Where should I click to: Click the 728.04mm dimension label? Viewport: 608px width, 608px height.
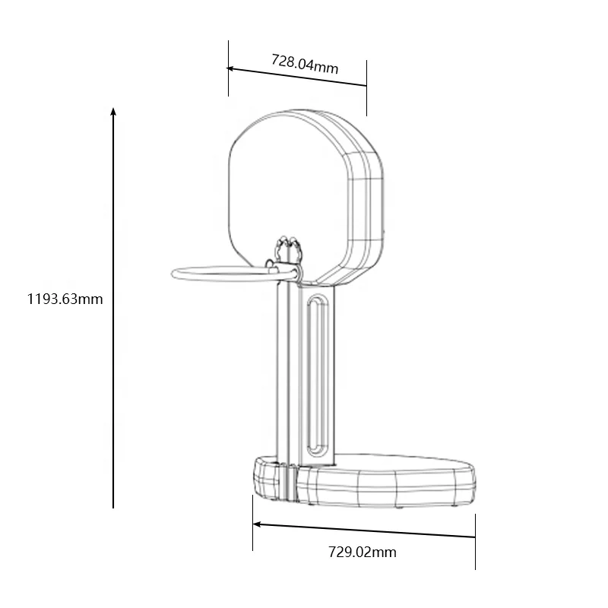click(305, 63)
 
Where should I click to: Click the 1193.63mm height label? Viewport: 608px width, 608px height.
click(65, 299)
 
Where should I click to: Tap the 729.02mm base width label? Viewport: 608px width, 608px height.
click(363, 553)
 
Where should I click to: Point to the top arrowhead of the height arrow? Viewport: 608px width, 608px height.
click(113, 112)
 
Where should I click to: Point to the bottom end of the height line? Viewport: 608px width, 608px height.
click(113, 505)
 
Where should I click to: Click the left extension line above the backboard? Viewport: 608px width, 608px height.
click(228, 68)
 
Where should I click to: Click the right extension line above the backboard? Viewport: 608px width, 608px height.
click(366, 87)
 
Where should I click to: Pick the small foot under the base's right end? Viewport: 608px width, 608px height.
click(454, 503)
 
